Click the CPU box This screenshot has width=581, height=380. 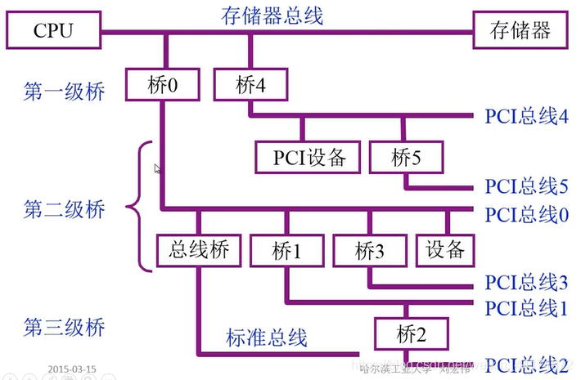pos(52,31)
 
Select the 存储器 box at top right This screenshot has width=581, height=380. pos(520,31)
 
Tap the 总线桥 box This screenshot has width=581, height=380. pos(198,250)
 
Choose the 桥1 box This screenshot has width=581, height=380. pos(286,250)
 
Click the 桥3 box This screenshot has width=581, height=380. pos(370,250)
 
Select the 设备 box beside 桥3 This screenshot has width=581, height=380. pos(446,249)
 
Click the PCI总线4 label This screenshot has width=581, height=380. pos(526,116)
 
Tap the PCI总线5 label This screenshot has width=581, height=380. pos(526,186)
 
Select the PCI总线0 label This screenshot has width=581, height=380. pos(526,214)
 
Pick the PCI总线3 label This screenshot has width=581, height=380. pos(526,283)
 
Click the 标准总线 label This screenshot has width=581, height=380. pos(266,336)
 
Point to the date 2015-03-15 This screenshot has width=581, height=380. pos(72,369)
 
